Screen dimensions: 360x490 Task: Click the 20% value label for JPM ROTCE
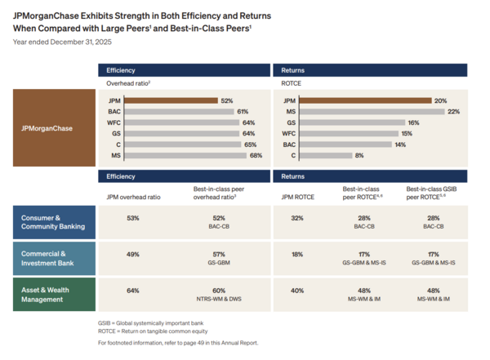coord(441,100)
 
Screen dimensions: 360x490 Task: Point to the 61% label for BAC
coord(243,111)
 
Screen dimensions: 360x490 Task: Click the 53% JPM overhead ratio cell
coord(133,218)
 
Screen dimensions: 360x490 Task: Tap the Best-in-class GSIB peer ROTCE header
coord(434,193)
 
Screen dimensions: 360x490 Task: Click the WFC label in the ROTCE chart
coord(288,132)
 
